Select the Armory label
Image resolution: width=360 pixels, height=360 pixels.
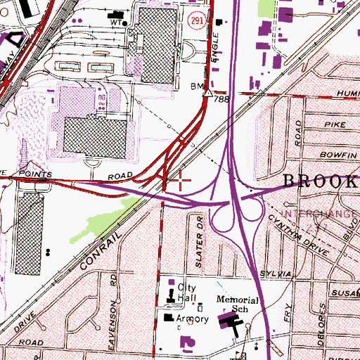(x=192, y=319)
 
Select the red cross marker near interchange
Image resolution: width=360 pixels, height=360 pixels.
(x=181, y=180)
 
